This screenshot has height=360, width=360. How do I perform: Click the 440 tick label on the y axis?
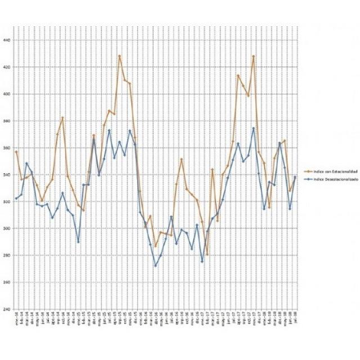pyautogui.click(x=6, y=40)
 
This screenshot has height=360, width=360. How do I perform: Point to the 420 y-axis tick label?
pyautogui.click(x=6, y=67)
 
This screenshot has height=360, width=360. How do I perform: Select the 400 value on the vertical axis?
pyautogui.click(x=6, y=94)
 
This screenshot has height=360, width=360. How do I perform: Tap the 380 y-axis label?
pyautogui.click(x=6, y=121)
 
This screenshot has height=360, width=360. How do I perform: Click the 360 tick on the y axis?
pyautogui.click(x=6, y=147)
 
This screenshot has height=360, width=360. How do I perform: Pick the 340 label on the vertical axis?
pyautogui.click(x=6, y=174)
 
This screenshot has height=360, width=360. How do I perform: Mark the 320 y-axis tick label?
pyautogui.click(x=6, y=201)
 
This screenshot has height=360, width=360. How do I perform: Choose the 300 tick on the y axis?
pyautogui.click(x=6, y=228)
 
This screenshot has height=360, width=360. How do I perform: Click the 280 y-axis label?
pyautogui.click(x=6, y=255)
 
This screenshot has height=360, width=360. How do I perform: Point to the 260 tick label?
pyautogui.click(x=6, y=282)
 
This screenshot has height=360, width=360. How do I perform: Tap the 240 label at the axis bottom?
pyautogui.click(x=6, y=309)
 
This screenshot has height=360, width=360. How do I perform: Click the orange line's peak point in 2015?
pyautogui.click(x=120, y=56)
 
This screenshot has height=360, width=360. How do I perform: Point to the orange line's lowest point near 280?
pyautogui.click(x=208, y=255)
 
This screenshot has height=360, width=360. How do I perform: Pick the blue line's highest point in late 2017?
pyautogui.click(x=254, y=128)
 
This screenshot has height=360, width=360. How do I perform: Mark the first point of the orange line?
pyautogui.click(x=16, y=152)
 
